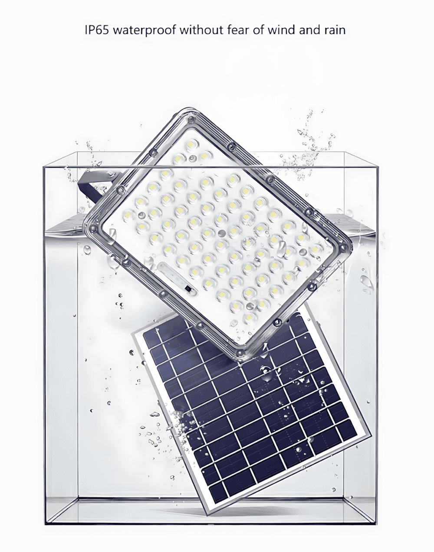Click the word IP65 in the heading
[x=97, y=30]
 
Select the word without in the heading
[x=202, y=30]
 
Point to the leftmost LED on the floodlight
[x=128, y=216]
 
